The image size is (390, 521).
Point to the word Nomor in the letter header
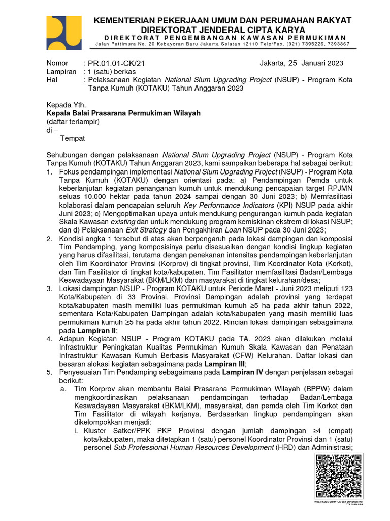point(57,63)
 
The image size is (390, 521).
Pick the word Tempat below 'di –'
point(73,138)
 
